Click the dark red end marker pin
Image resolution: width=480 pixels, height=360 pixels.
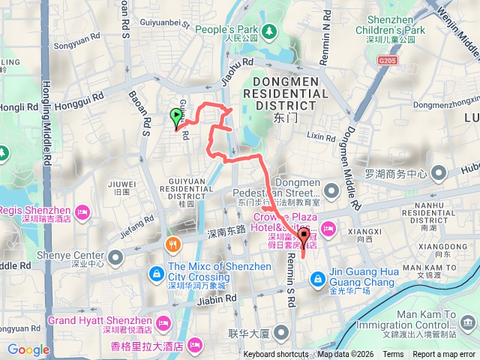pyautogui.click(x=304, y=239)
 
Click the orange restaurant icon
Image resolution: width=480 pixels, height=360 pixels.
pyautogui.click(x=173, y=244)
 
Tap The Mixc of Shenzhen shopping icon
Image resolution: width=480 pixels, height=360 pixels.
pyautogui.click(x=154, y=271)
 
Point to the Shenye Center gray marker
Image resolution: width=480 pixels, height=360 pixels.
pyautogui.click(x=115, y=258)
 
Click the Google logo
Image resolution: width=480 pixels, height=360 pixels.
pyautogui.click(x=28, y=349)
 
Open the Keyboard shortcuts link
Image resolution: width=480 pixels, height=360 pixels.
pyautogui.click(x=276, y=354)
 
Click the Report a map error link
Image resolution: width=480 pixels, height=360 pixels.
pyautogui.click(x=443, y=354)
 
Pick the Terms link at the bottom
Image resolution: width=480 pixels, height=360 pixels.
pyautogui.click(x=393, y=354)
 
